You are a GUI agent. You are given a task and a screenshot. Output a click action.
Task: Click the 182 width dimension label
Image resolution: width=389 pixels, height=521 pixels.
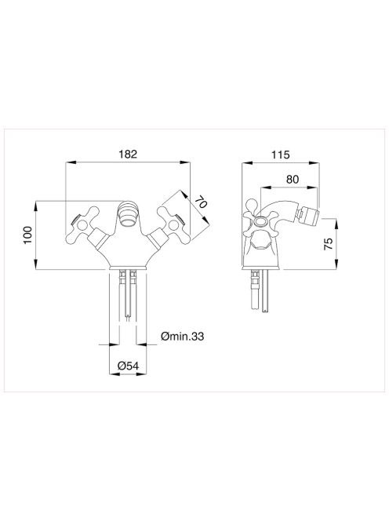pyautogui.click(x=128, y=154)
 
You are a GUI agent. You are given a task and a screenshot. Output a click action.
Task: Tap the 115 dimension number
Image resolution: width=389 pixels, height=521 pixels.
pyautogui.click(x=280, y=155)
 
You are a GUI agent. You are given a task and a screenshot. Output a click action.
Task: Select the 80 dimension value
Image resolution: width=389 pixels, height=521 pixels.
pyautogui.click(x=293, y=180)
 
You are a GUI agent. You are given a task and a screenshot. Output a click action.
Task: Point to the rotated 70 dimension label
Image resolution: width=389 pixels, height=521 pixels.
pyautogui.click(x=201, y=202)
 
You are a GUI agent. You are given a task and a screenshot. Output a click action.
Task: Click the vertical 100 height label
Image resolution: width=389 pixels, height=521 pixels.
pyautogui.click(x=27, y=235)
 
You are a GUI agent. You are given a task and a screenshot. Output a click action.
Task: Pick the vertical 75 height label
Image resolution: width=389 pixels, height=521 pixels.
pyautogui.click(x=328, y=244)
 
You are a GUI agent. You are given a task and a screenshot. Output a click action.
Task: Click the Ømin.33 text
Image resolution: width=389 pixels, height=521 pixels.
pyautogui.click(x=183, y=337)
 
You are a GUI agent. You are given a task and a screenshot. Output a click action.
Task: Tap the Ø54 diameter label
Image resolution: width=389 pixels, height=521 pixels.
pyautogui.click(x=128, y=366)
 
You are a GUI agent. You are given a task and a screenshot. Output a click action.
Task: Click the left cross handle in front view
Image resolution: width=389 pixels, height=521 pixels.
pyautogui.click(x=82, y=226)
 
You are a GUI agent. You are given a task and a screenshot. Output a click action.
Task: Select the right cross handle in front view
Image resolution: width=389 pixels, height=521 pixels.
pyautogui.click(x=173, y=225)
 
